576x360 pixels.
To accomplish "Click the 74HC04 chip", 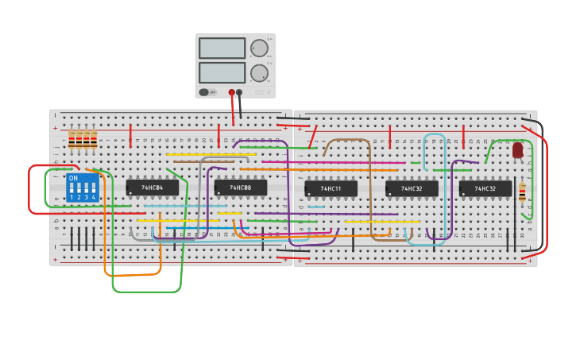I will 152,188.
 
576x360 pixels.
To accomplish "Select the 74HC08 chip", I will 240,188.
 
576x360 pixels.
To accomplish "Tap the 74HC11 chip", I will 331,189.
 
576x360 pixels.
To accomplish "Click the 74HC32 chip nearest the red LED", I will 485,188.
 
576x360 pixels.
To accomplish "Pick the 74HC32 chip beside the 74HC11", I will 412,188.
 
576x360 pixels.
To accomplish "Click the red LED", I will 517,149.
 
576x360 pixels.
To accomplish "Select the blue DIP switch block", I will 83,188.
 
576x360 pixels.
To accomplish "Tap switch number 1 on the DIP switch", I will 72,191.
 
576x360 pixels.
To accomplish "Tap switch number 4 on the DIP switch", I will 93,191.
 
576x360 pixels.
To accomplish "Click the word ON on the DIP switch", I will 73,178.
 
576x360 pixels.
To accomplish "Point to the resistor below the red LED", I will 522,192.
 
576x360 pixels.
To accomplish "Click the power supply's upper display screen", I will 222,48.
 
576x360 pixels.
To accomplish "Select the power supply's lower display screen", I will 222,72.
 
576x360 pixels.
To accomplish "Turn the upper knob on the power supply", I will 259,48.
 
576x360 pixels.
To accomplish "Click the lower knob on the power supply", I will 259,73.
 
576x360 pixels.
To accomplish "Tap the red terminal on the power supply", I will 231,92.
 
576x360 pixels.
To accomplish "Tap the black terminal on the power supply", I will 239,92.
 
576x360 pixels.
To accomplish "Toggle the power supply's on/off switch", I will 205,92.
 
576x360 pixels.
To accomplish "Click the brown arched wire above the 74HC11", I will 346,140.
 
